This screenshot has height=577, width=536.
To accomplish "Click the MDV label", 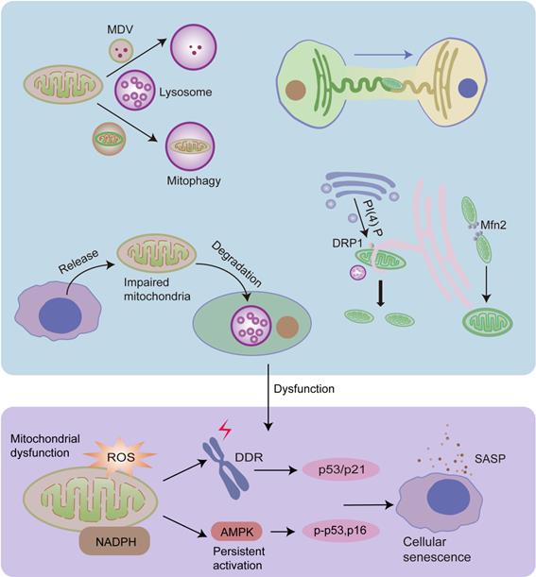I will pyautogui.click(x=119, y=15).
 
